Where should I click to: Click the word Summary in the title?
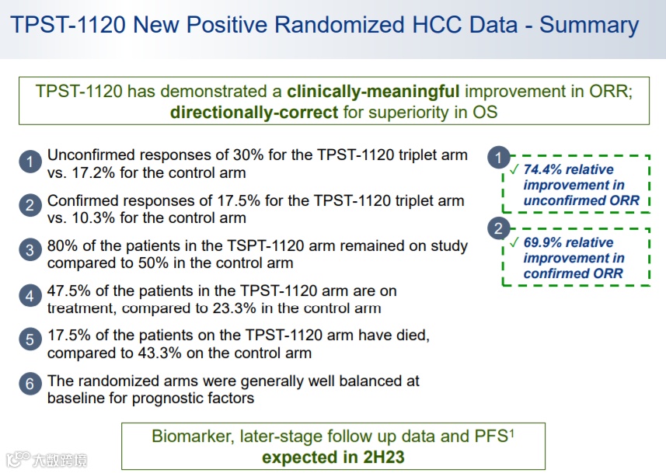(x=589, y=25)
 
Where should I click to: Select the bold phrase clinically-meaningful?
(x=373, y=92)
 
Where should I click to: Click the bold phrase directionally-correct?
(x=254, y=113)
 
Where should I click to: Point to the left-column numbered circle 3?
(x=30, y=249)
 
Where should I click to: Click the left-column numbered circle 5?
(x=30, y=339)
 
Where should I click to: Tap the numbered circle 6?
(x=30, y=384)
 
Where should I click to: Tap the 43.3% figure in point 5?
(x=159, y=353)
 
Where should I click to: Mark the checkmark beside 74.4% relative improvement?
(x=514, y=169)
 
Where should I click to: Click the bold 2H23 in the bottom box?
(x=384, y=457)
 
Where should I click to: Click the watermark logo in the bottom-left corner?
(x=46, y=460)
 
